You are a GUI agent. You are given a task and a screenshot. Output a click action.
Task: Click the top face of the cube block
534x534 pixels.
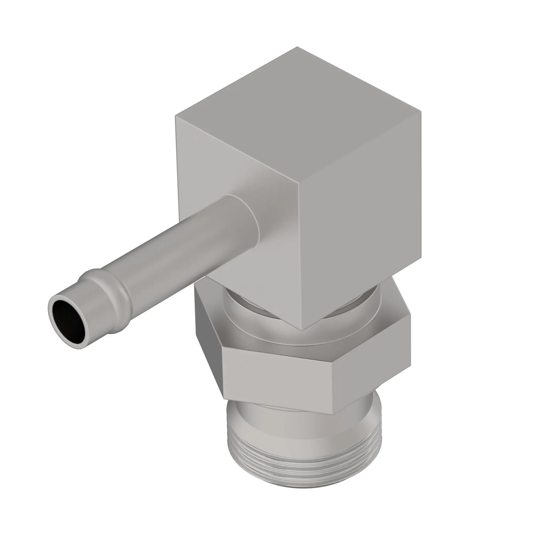click(299, 116)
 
